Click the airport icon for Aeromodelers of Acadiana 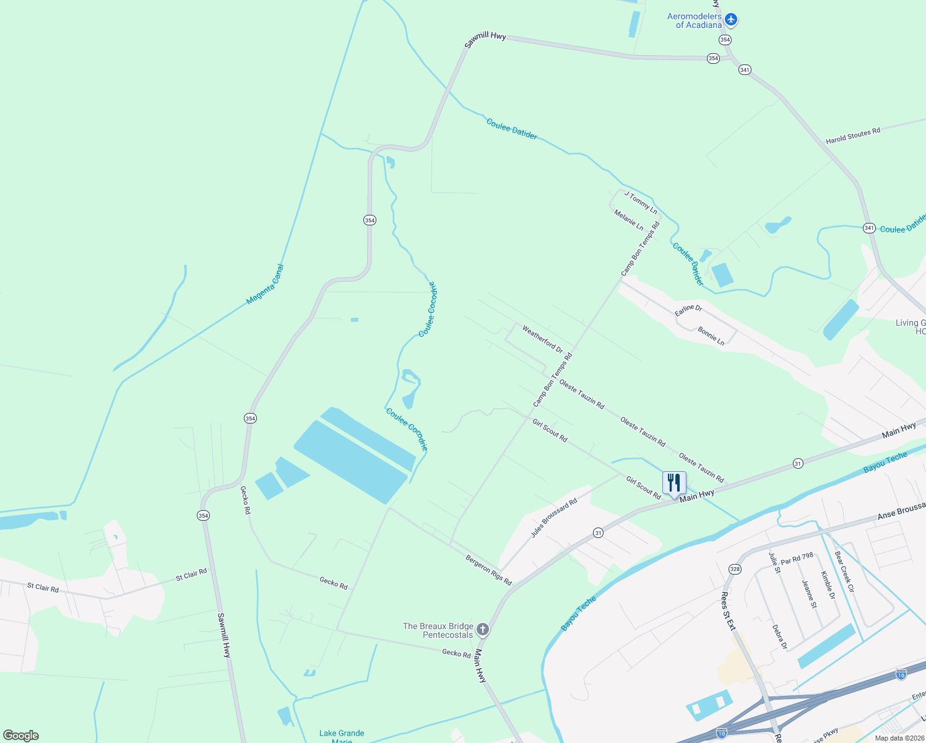(731, 20)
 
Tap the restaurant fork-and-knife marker (674, 482)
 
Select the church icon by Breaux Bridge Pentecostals (483, 630)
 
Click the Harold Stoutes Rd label (852, 136)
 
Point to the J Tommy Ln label (641, 202)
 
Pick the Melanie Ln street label (628, 220)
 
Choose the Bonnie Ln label (711, 336)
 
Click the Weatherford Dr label (542, 339)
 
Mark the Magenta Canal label (265, 285)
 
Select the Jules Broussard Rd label (553, 518)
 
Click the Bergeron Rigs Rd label (488, 570)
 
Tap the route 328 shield (735, 569)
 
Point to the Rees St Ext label (727, 611)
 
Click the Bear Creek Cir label (844, 571)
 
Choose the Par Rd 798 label (797, 558)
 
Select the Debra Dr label (779, 637)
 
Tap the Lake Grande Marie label (342, 736)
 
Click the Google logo (20, 736)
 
